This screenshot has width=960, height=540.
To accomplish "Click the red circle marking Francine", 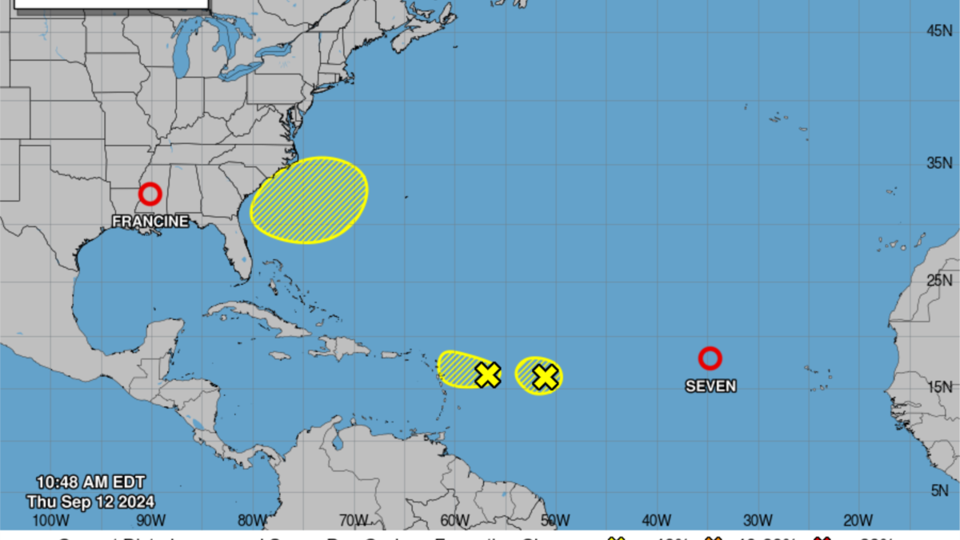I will [x=150, y=194].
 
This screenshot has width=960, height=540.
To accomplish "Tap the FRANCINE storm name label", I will [x=150, y=221].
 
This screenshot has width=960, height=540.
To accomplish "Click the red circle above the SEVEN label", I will [x=710, y=358].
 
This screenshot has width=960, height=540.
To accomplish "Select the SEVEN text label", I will [x=710, y=386].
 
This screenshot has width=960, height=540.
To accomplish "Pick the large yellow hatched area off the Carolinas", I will [x=309, y=200].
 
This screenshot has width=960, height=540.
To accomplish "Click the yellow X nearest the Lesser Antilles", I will [x=487, y=374].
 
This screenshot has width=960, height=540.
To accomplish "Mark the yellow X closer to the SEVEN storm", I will [x=545, y=377].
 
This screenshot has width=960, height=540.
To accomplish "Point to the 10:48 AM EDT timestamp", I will [x=90, y=482].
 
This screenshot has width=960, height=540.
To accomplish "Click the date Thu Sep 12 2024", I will [x=90, y=502].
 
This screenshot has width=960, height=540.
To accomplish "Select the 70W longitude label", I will [x=353, y=521].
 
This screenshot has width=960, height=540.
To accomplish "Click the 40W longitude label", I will [x=656, y=521].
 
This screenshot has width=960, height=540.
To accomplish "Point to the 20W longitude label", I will [x=858, y=521].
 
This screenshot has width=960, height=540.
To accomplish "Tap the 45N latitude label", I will [x=938, y=30].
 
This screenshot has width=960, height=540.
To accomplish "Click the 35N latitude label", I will [x=938, y=163].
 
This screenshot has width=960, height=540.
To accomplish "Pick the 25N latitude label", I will [x=938, y=280].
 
